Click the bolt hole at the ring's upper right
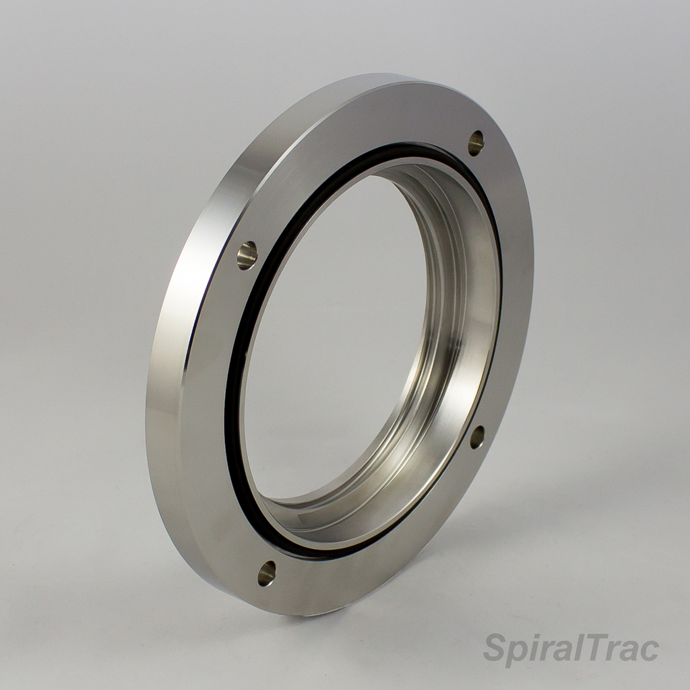point(476,143)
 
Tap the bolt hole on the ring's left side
point(247,255)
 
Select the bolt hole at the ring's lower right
point(477,437)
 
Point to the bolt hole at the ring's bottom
point(267,573)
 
